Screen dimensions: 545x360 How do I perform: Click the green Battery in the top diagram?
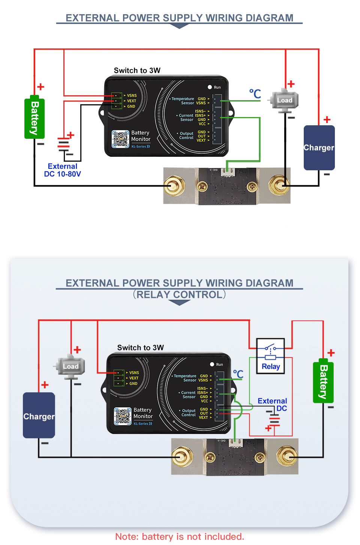[x=34, y=119]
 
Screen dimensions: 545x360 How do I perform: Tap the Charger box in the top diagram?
[x=319, y=147]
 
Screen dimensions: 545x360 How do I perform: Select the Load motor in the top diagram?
[x=285, y=101]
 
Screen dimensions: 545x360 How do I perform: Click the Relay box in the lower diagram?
[x=270, y=356]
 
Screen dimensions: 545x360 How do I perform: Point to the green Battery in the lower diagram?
[x=323, y=381]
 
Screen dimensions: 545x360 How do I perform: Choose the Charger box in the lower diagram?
[x=39, y=416]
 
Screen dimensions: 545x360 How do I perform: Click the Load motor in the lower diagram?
[x=70, y=366]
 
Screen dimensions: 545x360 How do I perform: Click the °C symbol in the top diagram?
[x=255, y=94]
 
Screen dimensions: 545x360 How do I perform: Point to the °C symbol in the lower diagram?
[x=238, y=374]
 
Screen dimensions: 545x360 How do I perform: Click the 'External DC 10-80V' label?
[x=63, y=170]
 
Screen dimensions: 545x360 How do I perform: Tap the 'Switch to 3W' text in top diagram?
[x=137, y=71]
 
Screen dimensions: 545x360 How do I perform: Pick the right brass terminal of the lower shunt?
[x=287, y=456]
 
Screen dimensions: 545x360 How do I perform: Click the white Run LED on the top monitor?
[x=210, y=87]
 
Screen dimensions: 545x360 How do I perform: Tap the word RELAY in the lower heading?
[x=153, y=295]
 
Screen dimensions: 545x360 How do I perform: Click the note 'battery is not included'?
[x=180, y=537]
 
